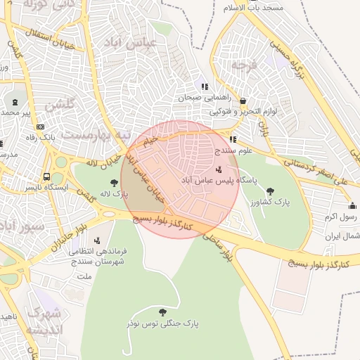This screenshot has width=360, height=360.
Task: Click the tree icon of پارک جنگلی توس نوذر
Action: click(163, 311)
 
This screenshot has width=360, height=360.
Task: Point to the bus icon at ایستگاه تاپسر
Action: click(46, 177)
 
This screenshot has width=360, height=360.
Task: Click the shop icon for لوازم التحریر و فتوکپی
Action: click(243, 101)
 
